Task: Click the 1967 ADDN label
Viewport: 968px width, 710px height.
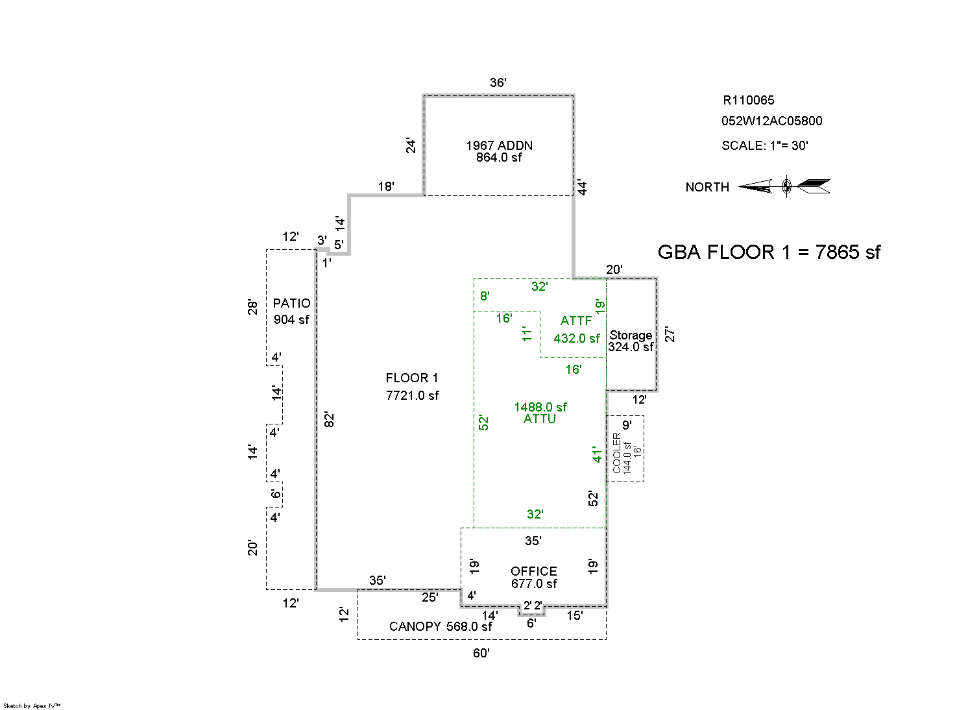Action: pos(499,145)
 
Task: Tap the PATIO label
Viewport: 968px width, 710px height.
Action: pos(291,303)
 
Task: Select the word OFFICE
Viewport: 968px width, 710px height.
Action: pos(533,571)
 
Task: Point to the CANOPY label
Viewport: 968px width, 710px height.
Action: pos(415,626)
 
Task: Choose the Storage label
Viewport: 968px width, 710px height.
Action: pos(631,335)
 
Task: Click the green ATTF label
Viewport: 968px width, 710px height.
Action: pos(576,321)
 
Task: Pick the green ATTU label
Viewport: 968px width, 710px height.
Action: pos(540,419)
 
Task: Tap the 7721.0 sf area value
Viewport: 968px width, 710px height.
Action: pos(412,395)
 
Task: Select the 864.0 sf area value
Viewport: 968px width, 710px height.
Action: pos(499,157)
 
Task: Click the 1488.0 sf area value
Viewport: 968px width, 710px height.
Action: pos(540,407)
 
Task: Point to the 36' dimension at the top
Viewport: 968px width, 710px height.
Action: pos(498,82)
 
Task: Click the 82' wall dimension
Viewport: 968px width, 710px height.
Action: pos(329,419)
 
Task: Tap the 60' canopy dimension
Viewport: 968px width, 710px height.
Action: pos(481,653)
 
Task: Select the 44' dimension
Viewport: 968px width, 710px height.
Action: pos(583,188)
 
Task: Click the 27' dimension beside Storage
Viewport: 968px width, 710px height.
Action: pos(671,334)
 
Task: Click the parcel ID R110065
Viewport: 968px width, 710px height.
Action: pos(748,100)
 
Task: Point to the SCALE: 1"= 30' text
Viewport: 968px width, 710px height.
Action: pos(764,145)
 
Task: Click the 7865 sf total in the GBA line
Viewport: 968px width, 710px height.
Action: pos(847,252)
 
